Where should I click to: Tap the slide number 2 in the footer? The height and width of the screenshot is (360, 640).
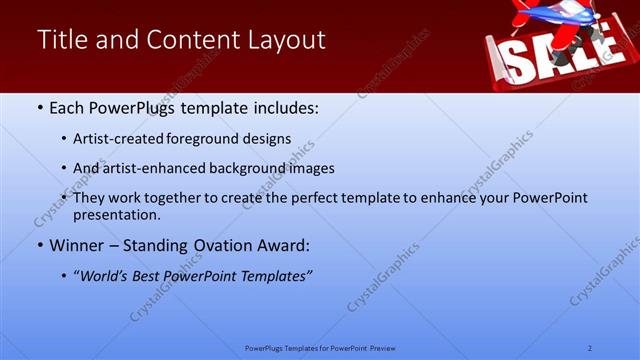[x=590, y=348]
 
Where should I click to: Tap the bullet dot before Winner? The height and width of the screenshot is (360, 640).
[x=39, y=245]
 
